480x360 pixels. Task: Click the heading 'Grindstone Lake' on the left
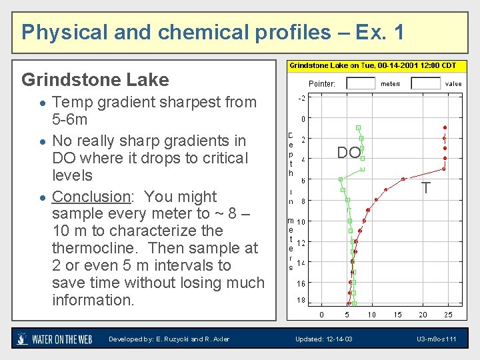[x=95, y=80]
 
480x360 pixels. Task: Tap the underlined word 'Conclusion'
[x=91, y=197]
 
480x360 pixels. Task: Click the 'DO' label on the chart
[x=349, y=153]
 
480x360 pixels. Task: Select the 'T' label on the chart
[x=425, y=189]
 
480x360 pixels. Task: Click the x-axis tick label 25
[x=448, y=315]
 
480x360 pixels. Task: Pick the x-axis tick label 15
[x=397, y=315]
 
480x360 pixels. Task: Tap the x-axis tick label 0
[x=321, y=315]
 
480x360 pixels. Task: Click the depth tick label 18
[x=301, y=301]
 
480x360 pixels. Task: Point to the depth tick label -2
[x=301, y=99]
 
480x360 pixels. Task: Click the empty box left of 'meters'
[x=361, y=84]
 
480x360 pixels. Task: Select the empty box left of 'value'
[x=425, y=84]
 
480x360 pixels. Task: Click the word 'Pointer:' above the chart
[x=322, y=84]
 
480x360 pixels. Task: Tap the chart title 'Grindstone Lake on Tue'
[x=372, y=65]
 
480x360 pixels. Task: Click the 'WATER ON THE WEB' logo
[x=54, y=339]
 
